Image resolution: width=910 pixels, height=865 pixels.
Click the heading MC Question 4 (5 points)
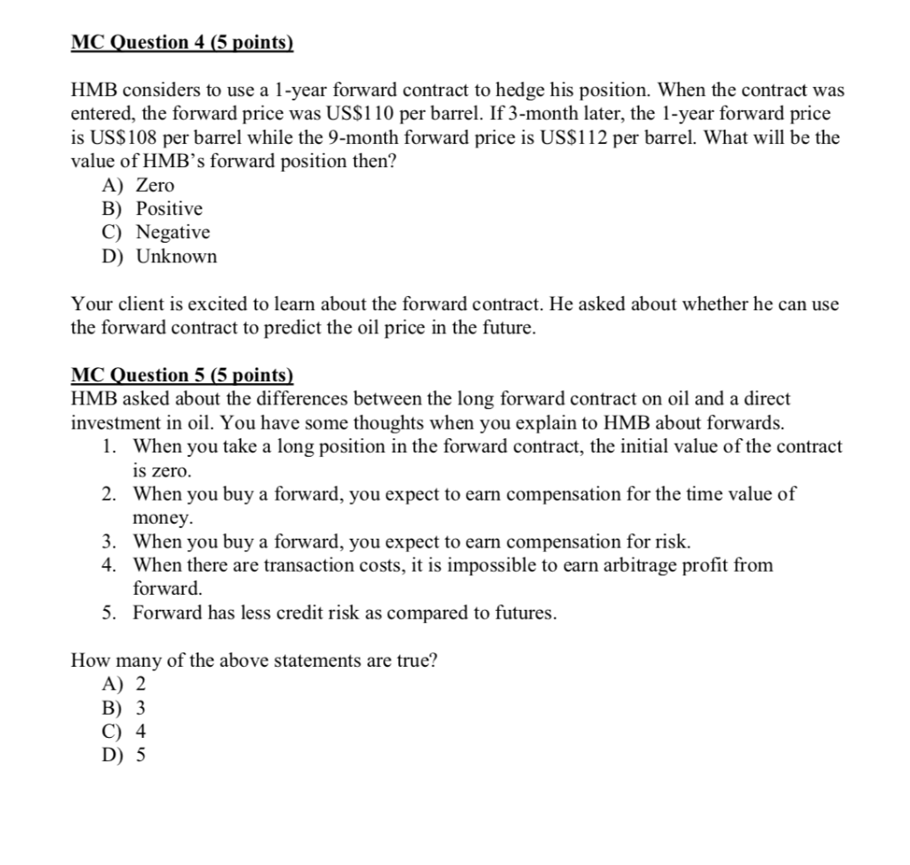[x=182, y=43]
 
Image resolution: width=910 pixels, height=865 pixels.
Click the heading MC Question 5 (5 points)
[x=182, y=375]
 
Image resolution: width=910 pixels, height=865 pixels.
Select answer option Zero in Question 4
[x=155, y=186]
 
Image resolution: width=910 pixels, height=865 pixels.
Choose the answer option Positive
[x=169, y=209]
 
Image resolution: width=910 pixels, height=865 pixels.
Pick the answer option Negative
[x=172, y=233]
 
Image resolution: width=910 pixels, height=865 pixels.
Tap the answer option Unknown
[x=176, y=257]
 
